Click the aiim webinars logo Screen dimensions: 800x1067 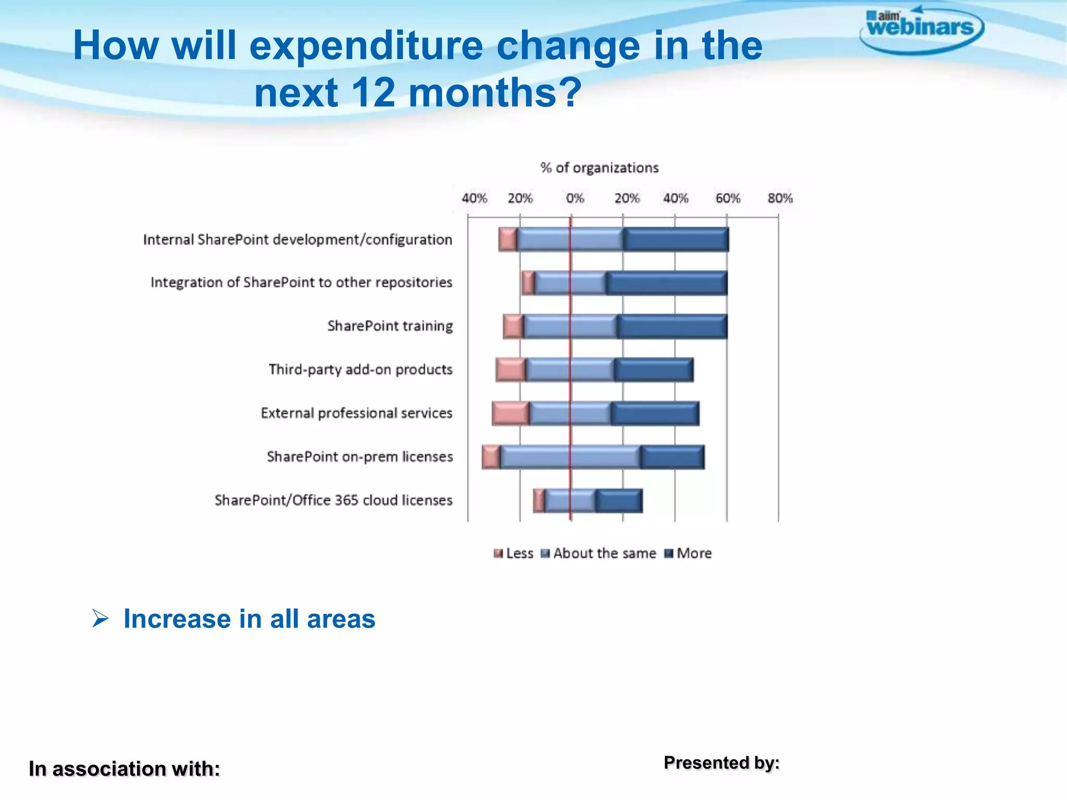[921, 29]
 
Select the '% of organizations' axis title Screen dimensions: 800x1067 [599, 168]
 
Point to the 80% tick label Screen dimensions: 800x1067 [780, 198]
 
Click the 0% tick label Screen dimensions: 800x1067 [575, 198]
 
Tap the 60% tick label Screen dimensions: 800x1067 [727, 198]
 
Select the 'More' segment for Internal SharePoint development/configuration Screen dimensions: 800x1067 [676, 240]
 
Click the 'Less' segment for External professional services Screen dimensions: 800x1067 [511, 414]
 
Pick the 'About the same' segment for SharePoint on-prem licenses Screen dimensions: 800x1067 [570, 457]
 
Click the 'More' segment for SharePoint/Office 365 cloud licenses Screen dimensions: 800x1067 [619, 501]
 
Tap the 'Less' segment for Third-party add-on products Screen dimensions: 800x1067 [511, 370]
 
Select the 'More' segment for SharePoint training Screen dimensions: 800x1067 [672, 327]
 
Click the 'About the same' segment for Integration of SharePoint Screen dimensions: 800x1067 [570, 283]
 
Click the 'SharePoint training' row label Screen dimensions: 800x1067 [390, 326]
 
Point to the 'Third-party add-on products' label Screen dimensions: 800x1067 [360, 370]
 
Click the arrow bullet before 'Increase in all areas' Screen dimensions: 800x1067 [100, 619]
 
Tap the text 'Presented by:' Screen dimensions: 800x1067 [721, 762]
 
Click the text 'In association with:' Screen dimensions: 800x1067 [124, 769]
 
